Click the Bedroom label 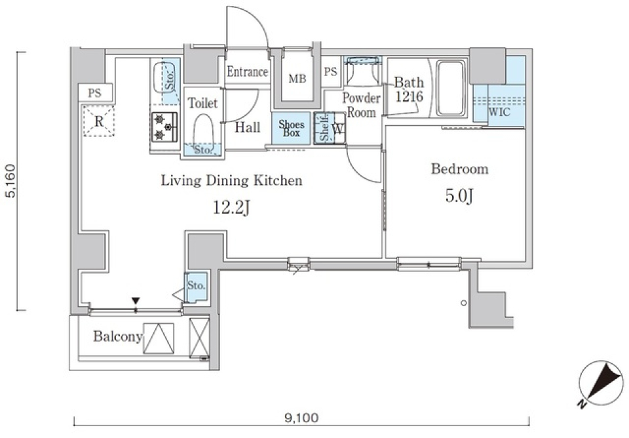460,169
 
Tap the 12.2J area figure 232,208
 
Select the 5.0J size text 460,196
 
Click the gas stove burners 164,127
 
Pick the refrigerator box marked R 99,121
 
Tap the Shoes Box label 291,128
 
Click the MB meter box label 297,79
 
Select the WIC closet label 499,111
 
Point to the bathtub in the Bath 451,88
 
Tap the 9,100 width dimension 301,418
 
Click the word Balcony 118,336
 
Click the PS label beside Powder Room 330,72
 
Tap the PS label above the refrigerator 94,93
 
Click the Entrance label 247,71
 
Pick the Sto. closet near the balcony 196,287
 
